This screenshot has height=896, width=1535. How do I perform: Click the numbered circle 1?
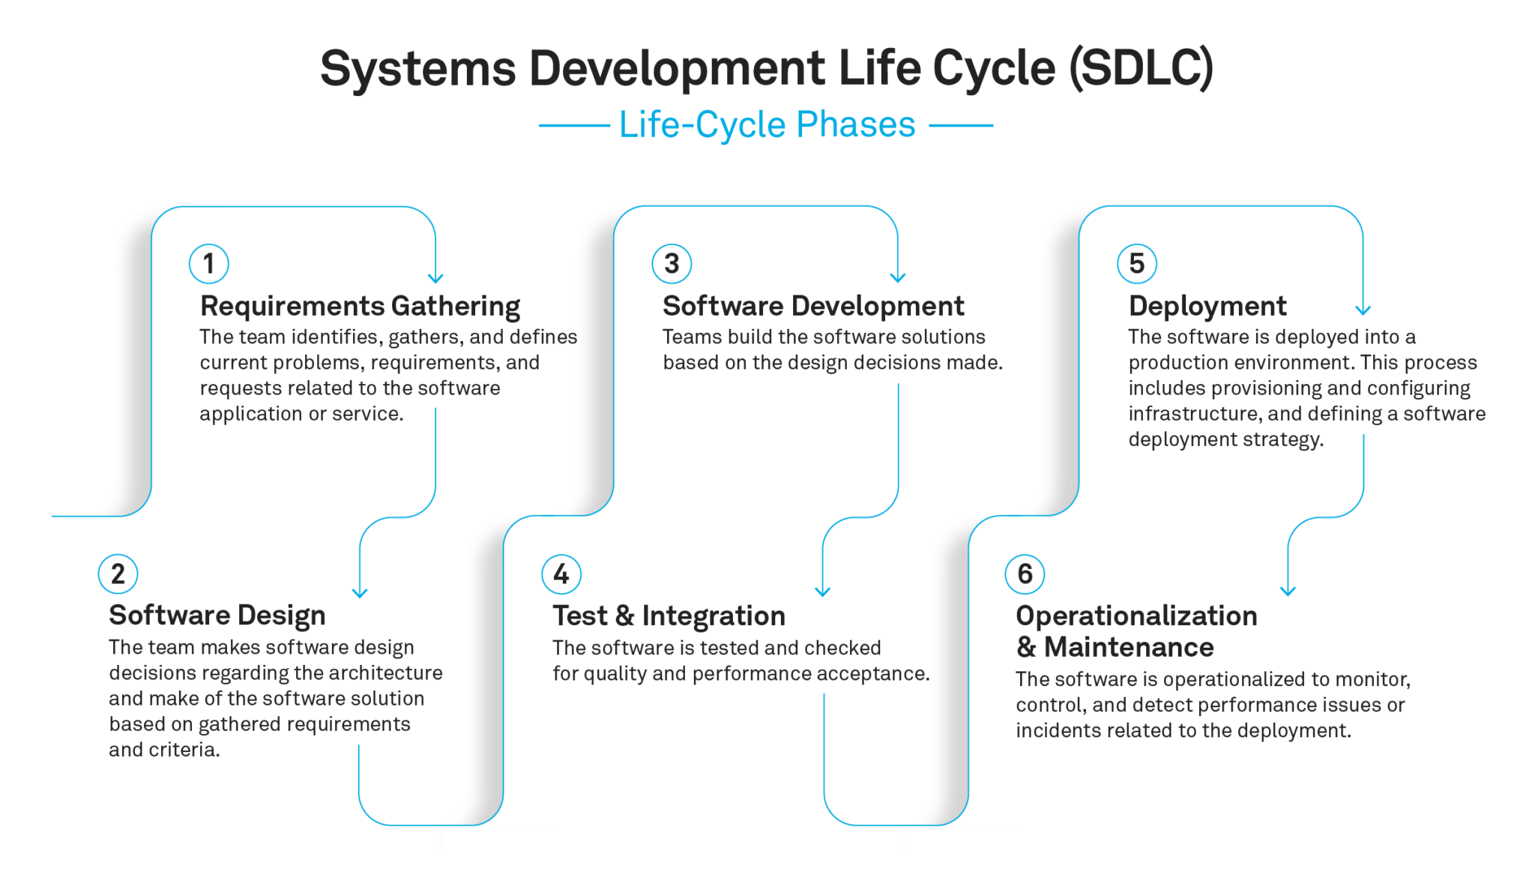click(209, 263)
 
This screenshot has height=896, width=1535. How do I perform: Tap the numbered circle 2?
click(118, 574)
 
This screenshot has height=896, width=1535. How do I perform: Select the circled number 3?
click(672, 263)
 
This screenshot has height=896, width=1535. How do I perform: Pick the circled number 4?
click(561, 574)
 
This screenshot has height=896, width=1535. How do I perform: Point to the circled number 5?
click(1137, 263)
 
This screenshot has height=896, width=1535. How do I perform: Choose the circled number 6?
click(1025, 574)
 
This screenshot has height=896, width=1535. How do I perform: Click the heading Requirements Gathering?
click(360, 307)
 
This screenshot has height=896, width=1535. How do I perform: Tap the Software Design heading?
click(217, 616)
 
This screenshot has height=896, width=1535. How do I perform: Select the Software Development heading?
click(813, 306)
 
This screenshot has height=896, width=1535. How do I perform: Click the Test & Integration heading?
click(669, 616)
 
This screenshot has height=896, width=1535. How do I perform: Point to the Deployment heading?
click(1207, 307)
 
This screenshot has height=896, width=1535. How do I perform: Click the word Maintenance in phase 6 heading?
click(1129, 647)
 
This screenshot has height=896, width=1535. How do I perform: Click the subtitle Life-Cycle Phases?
click(767, 124)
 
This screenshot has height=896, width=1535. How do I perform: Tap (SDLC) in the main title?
click(1141, 68)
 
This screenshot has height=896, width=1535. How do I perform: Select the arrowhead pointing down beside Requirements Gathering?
click(435, 278)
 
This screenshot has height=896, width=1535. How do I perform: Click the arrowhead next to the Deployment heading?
click(1363, 310)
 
